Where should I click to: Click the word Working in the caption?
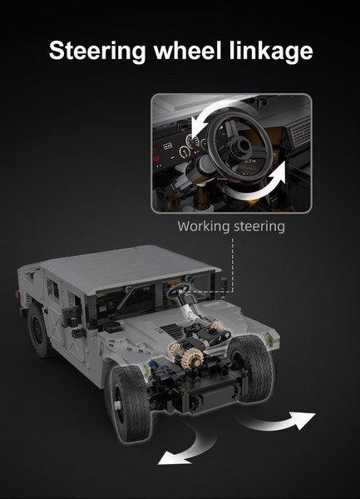(x=203, y=226)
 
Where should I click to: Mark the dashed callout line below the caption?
(x=233, y=262)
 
